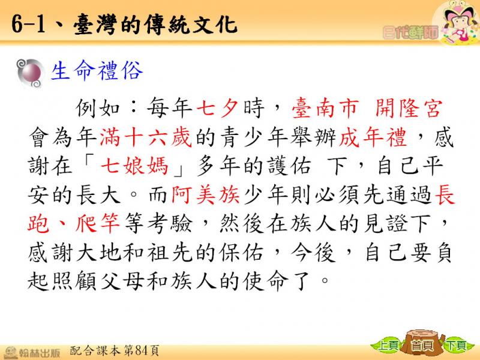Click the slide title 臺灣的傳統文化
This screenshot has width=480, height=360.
155,24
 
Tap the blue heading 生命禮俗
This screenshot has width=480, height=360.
97,71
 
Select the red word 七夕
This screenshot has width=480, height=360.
217,108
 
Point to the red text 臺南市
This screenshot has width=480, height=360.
325,108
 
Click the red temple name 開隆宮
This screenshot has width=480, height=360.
409,108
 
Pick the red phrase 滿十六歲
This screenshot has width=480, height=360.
146,137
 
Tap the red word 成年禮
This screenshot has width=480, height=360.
373,137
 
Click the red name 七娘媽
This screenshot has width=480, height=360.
134,166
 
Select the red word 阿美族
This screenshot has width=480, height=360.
205,194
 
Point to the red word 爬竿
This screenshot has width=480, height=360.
97,223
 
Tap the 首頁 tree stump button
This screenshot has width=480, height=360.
423,344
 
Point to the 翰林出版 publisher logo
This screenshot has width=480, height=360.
32,352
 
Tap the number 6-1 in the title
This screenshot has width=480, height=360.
28,24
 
